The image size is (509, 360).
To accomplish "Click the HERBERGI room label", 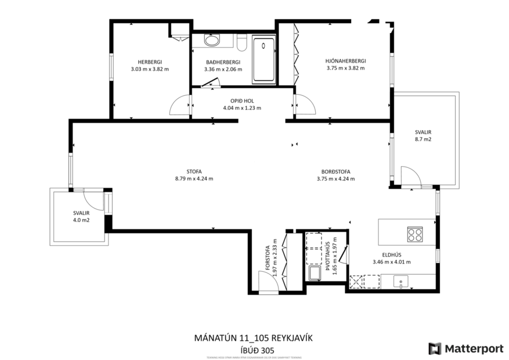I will [x=150, y=62].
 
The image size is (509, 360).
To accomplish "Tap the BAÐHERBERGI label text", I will [x=223, y=62].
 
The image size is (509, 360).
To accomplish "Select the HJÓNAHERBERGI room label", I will [x=345, y=60].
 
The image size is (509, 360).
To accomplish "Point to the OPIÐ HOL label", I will [x=242, y=100].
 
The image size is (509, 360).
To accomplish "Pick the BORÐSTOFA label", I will [x=335, y=171].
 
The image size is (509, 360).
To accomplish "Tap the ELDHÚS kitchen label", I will [x=392, y=254].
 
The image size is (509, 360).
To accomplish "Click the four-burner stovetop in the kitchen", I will [x=414, y=234].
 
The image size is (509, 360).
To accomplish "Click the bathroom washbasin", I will [x=212, y=41].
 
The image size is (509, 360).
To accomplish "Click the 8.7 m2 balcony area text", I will [x=423, y=140].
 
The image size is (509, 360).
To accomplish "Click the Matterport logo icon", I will [x=435, y=348].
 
